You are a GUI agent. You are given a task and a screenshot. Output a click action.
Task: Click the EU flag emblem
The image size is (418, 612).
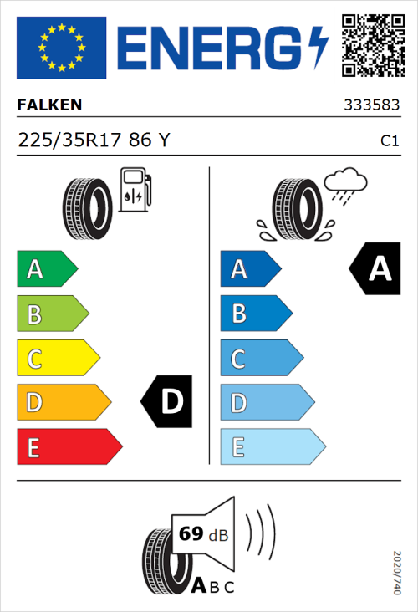(x=61, y=48)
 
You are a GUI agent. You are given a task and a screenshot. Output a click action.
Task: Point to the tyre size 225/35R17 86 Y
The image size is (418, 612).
(x=94, y=140)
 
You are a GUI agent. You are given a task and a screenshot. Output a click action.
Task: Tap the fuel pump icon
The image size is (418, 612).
(x=135, y=189)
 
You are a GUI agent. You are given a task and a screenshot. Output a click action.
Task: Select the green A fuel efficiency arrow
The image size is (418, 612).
(x=46, y=269)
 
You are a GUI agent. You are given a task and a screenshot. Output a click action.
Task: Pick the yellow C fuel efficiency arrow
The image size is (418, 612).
(x=57, y=359)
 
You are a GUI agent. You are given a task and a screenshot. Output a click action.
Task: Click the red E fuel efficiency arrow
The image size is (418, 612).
(x=69, y=447)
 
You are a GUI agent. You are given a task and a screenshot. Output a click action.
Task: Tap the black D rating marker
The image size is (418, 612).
(x=168, y=402)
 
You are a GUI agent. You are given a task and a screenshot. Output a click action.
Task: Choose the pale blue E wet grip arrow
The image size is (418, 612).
(x=272, y=447)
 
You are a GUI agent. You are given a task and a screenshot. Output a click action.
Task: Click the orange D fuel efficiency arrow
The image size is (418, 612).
(x=63, y=403)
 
